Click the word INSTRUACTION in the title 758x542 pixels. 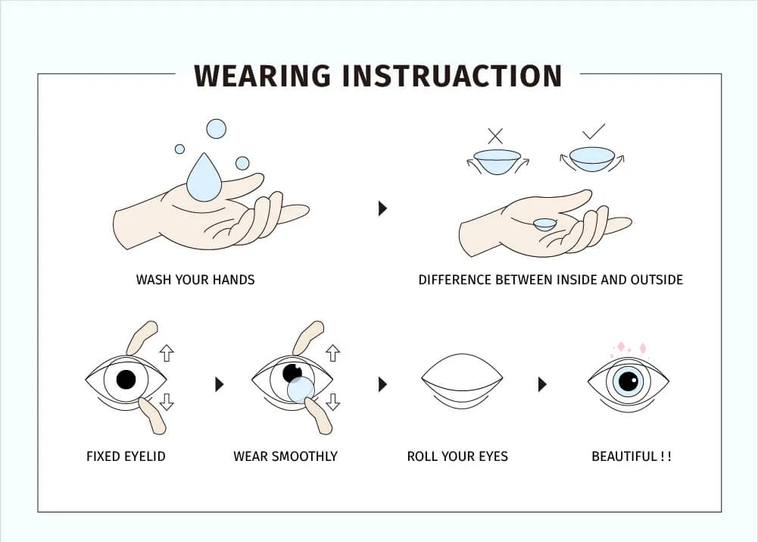click(x=451, y=76)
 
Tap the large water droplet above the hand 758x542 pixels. click(x=204, y=179)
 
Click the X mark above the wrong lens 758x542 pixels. click(x=495, y=136)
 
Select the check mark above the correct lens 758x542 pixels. click(x=594, y=131)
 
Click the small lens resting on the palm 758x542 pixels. click(x=544, y=224)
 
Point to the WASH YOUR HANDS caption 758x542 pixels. click(x=195, y=280)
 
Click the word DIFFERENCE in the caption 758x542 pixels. click(x=455, y=280)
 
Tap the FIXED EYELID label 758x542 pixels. click(x=126, y=456)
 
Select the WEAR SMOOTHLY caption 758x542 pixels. click(x=285, y=456)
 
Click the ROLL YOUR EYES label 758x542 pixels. click(x=457, y=456)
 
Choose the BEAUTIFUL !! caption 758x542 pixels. click(x=632, y=456)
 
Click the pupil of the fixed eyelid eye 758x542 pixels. click(x=126, y=379)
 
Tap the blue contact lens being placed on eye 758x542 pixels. click(x=301, y=390)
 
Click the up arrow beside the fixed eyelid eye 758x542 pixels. click(x=167, y=353)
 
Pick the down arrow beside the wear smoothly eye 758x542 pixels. click(x=332, y=402)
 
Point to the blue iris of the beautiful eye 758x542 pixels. click(x=629, y=381)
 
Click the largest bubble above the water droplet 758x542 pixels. click(x=216, y=129)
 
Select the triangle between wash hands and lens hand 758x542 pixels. click(x=382, y=208)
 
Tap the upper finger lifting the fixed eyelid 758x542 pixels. click(x=142, y=338)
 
